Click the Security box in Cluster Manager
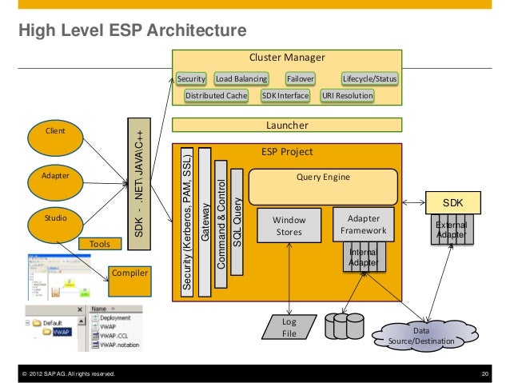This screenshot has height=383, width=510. point(192,79)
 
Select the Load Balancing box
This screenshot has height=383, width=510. point(241,79)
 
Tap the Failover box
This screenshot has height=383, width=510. point(301,79)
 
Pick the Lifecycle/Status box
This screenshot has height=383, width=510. point(369,79)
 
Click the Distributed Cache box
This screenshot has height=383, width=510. point(216,95)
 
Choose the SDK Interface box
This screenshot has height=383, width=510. point(285,95)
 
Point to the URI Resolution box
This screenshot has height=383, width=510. point(347,95)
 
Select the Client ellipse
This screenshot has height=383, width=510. point(55,131)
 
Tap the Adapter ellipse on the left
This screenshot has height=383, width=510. point(55,175)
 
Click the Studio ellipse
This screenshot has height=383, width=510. point(55,217)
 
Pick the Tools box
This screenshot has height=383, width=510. point(100,243)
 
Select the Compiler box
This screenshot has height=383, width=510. point(129,273)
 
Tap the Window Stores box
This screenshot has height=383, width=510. point(289,225)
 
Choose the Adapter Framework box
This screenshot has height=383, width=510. point(364,225)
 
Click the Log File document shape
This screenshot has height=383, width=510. point(289,326)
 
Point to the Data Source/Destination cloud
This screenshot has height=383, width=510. point(421,334)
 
